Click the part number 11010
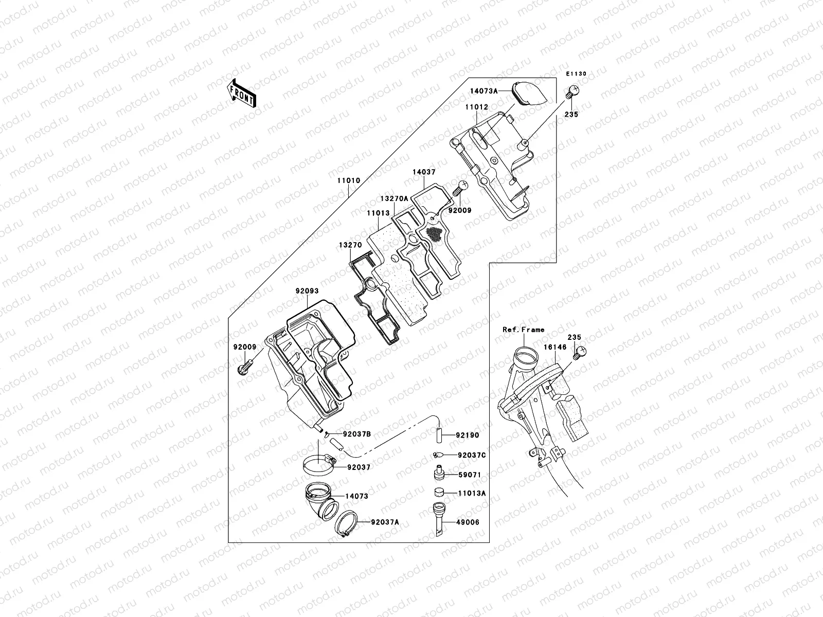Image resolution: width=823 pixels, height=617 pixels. click(349, 181)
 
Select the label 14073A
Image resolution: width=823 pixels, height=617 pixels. click(484, 90)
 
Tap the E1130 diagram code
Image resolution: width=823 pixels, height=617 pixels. click(577, 74)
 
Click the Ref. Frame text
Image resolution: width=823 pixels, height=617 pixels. click(523, 330)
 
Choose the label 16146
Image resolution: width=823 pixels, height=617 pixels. click(555, 348)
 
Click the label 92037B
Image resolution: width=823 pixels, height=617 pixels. click(357, 434)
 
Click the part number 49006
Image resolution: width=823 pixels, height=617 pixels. click(468, 522)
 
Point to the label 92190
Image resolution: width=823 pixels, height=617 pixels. click(468, 435)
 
